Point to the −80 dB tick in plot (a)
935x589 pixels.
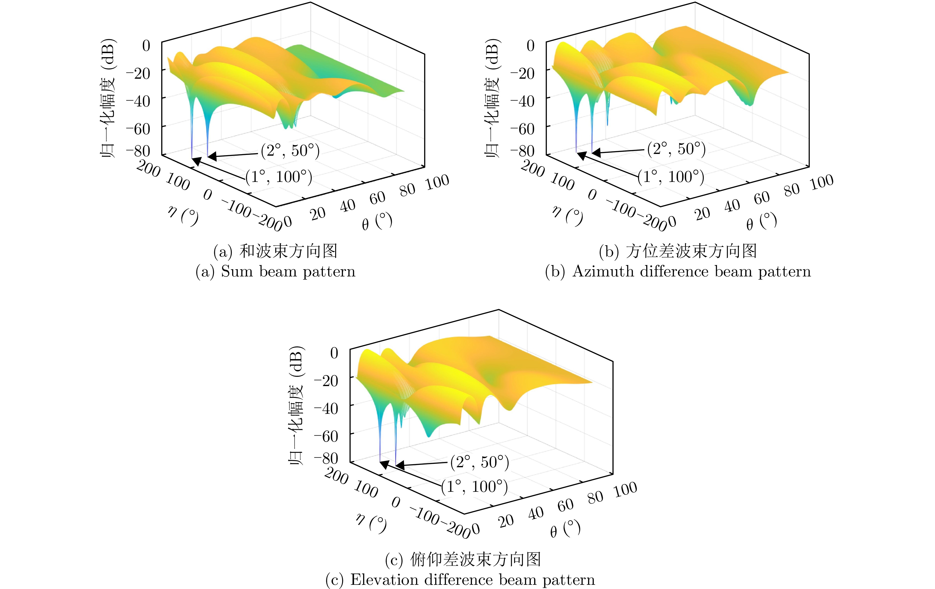138,151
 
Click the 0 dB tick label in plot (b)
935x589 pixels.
530,46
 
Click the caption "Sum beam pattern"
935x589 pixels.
288,271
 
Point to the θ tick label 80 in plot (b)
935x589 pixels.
792,190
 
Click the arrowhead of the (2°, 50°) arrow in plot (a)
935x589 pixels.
212,157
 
